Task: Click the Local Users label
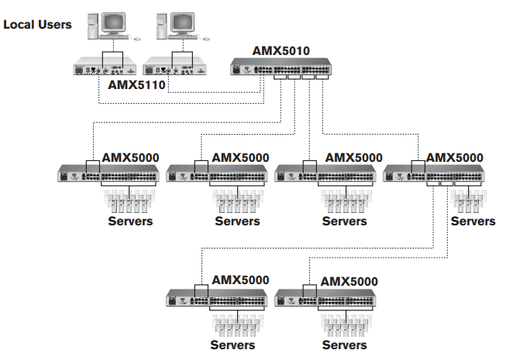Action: coord(37,25)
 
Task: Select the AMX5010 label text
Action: coord(281,52)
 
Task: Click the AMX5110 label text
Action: coord(136,85)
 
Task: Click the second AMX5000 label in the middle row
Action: coord(240,157)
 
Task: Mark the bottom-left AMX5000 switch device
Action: coord(219,297)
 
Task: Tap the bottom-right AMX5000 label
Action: coord(349,281)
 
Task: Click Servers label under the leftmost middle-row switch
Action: coord(130,221)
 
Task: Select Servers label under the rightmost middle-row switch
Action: coord(473,221)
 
